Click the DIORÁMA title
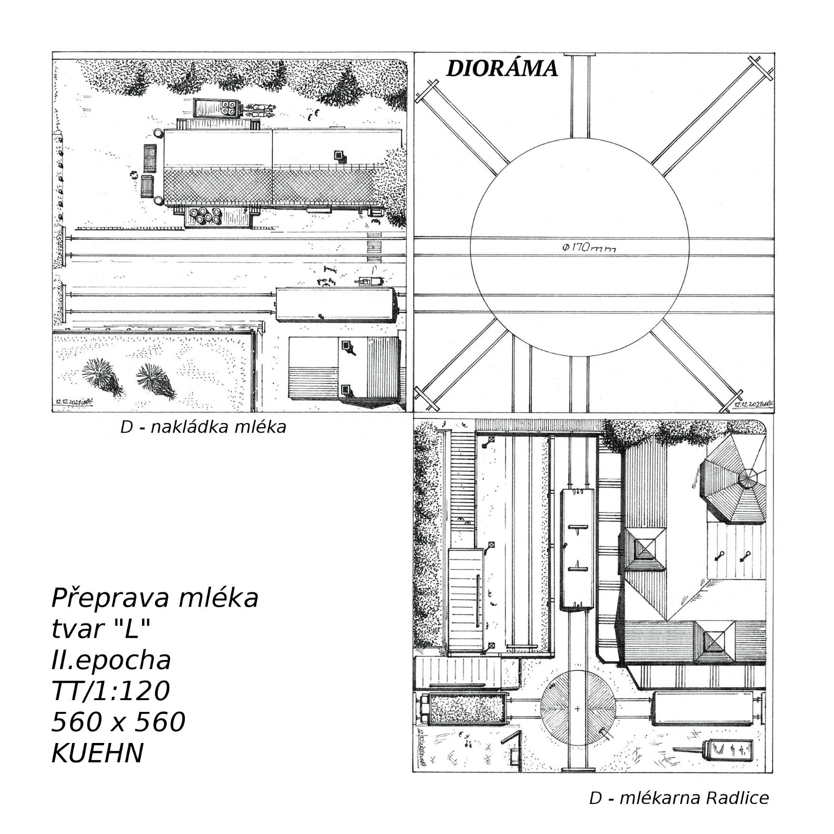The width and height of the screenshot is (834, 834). (502, 69)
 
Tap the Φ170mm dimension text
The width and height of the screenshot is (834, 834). (589, 248)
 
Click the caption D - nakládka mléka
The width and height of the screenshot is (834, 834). (203, 427)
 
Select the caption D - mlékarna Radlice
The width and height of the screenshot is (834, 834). (679, 798)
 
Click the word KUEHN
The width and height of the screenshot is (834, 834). (97, 753)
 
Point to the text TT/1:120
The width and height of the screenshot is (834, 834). (110, 691)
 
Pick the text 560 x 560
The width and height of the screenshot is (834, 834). (118, 722)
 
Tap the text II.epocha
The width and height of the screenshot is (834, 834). (111, 661)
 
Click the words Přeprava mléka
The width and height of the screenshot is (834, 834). (154, 598)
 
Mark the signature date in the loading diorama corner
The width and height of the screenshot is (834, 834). (72, 402)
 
